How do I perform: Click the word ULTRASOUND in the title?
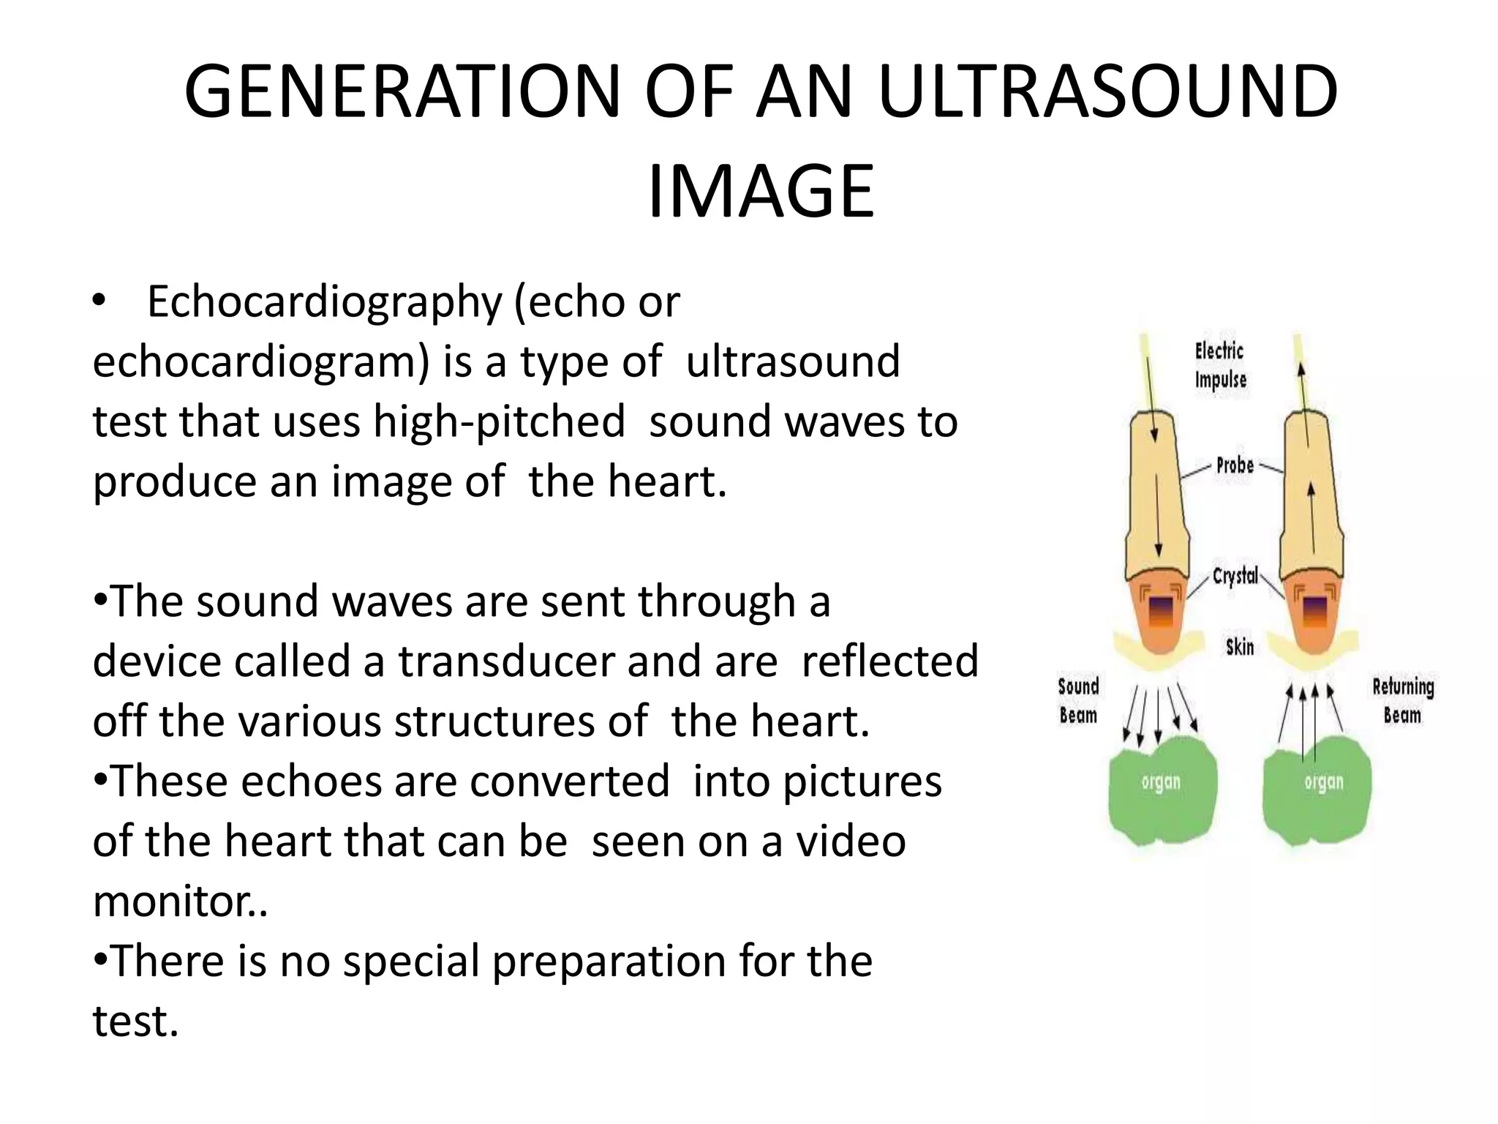pyautogui.click(x=1107, y=92)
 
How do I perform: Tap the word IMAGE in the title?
pyautogui.click(x=761, y=192)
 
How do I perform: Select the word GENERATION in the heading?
pyautogui.click(x=402, y=92)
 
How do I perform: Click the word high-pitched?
pyautogui.click(x=500, y=421)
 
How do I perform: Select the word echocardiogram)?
pyautogui.click(x=261, y=361)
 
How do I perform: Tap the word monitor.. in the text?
pyautogui.click(x=180, y=901)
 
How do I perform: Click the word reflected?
pyautogui.click(x=889, y=661)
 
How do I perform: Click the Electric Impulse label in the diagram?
pyautogui.click(x=1220, y=365)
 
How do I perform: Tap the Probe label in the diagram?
pyautogui.click(x=1235, y=465)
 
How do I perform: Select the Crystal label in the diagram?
pyautogui.click(x=1235, y=576)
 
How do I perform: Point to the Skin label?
pyautogui.click(x=1240, y=647)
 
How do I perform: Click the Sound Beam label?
pyautogui.click(x=1078, y=700)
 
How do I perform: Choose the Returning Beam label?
pyautogui.click(x=1403, y=700)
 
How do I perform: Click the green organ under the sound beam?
pyautogui.click(x=1161, y=790)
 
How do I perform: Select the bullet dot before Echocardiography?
pyautogui.click(x=100, y=301)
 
